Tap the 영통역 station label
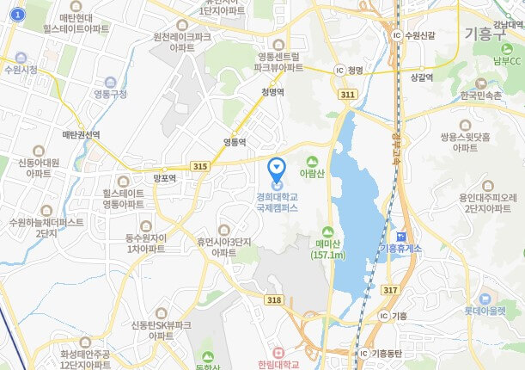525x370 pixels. point(235,141)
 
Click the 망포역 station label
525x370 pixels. point(164,178)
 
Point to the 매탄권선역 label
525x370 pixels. point(81,135)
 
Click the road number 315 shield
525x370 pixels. point(200,165)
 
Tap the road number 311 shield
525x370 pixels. point(347,93)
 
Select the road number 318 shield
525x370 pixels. point(274,299)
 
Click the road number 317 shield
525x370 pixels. point(391,290)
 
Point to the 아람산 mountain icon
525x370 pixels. point(311,161)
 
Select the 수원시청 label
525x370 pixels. point(21,70)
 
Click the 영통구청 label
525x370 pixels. point(109,93)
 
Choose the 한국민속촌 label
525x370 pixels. point(479,96)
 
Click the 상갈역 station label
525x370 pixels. point(421,77)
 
